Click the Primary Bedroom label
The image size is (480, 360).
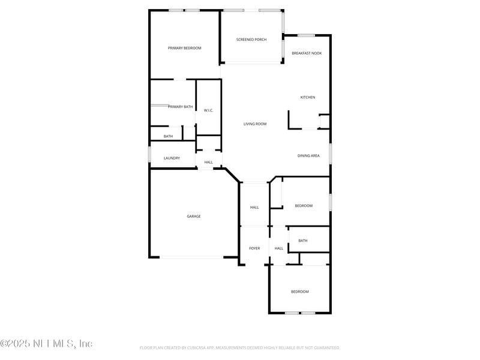point(184,48)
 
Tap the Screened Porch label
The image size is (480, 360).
point(251,40)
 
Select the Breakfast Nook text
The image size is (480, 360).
point(307,53)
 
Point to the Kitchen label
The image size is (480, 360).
point(308,97)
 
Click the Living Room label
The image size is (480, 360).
point(254,124)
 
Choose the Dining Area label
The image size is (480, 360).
point(308,156)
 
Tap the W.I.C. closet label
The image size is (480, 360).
point(208,110)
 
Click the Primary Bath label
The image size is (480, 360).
point(181,107)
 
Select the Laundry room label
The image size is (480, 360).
point(172,158)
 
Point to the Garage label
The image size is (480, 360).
point(193,217)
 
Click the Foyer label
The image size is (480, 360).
point(254,248)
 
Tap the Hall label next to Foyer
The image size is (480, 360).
point(279,248)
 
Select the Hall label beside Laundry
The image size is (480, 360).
point(208,162)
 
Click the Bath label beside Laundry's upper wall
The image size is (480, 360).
point(168,136)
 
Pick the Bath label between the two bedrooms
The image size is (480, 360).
point(302,241)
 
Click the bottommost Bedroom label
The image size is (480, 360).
point(299,292)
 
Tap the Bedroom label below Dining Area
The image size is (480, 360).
point(304,206)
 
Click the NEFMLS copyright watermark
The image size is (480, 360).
point(46,344)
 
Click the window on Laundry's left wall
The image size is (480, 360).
point(150,154)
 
